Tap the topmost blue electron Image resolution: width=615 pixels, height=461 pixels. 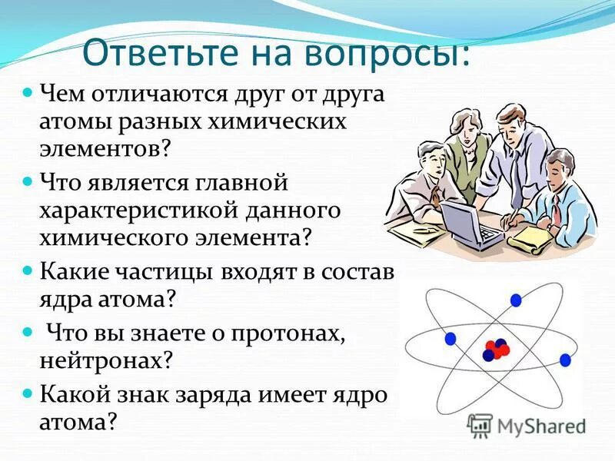pyautogui.click(x=515, y=300)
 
